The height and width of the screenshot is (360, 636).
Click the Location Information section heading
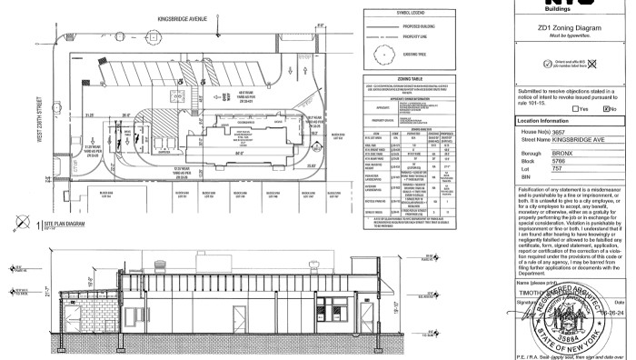(x=543, y=120)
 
